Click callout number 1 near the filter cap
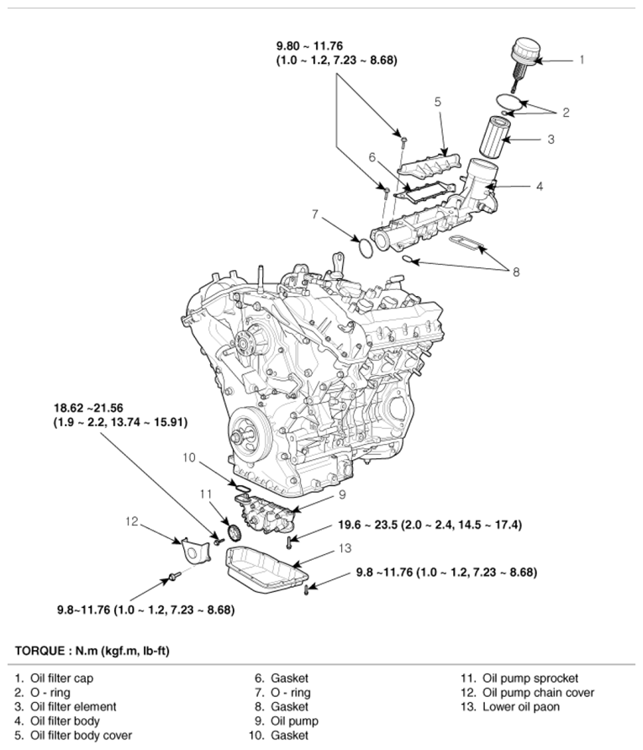pos(581,60)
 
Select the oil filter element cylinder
pos(497,136)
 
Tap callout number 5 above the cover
pos(438,102)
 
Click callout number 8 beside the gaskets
pos(516,272)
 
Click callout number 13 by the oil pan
pos(345,548)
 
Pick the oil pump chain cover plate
pos(194,549)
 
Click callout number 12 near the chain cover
pos(132,521)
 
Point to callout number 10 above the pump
pos(189,458)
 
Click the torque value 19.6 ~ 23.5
pos(430,525)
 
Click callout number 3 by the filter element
pos(551,139)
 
